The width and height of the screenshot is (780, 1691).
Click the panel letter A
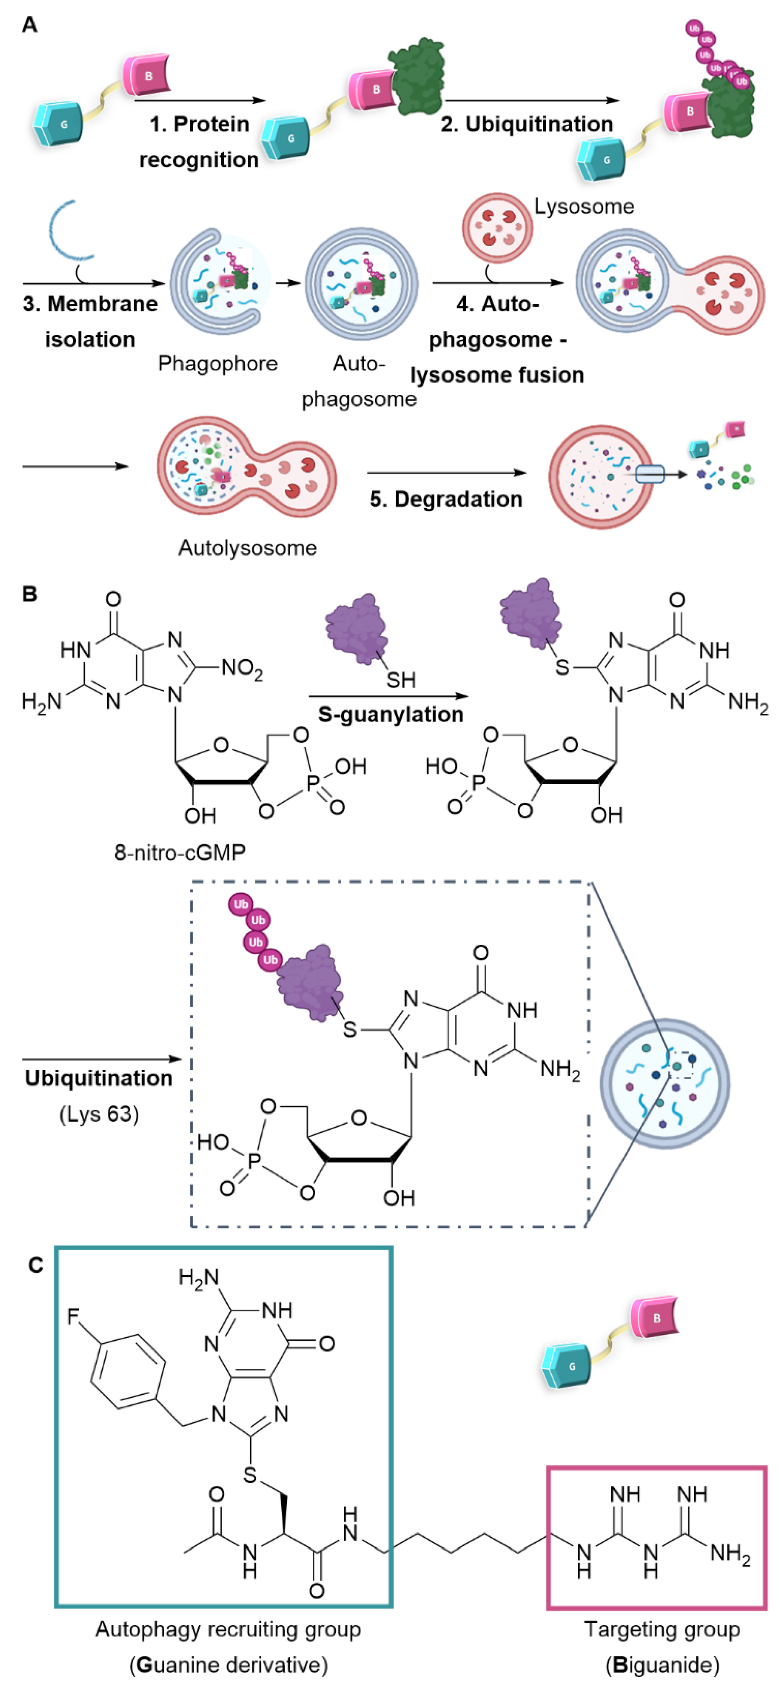[30, 25]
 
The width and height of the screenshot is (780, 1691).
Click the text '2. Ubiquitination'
[527, 124]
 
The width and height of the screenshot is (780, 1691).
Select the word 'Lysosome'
[584, 206]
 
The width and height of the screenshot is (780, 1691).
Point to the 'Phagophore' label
[217, 363]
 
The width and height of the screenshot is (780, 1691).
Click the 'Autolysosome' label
[247, 548]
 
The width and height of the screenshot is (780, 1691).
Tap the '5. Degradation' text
[446, 499]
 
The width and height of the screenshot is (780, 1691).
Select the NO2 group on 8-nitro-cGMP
[242, 668]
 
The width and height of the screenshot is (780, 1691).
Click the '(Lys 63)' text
[99, 1114]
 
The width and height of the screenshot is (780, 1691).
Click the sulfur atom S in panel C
[250, 1475]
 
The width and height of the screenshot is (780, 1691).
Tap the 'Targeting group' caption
[662, 1629]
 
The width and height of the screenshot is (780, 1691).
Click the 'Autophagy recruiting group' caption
[228, 1629]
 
